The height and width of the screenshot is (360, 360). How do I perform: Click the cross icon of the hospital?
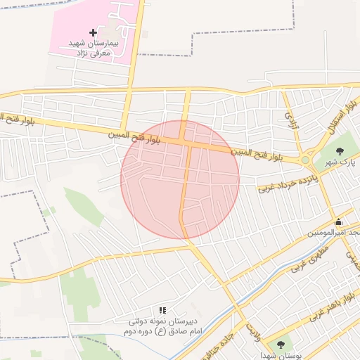point(94,32)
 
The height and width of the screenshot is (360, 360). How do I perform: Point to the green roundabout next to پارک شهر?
point(305,160)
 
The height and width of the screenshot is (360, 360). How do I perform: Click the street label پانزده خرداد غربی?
point(288,181)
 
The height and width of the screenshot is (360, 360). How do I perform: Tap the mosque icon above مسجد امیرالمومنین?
point(338,222)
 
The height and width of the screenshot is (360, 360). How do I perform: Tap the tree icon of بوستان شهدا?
point(281,345)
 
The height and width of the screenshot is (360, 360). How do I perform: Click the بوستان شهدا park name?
point(285,355)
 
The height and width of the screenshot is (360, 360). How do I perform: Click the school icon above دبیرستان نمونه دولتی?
point(162,309)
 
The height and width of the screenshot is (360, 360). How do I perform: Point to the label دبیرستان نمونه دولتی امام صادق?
point(162,326)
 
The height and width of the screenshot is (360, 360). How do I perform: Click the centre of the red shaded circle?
point(180,179)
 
